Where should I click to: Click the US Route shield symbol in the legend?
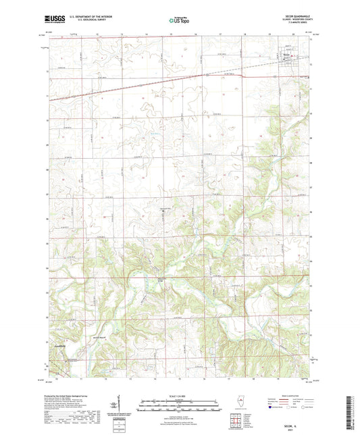(288, 408)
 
